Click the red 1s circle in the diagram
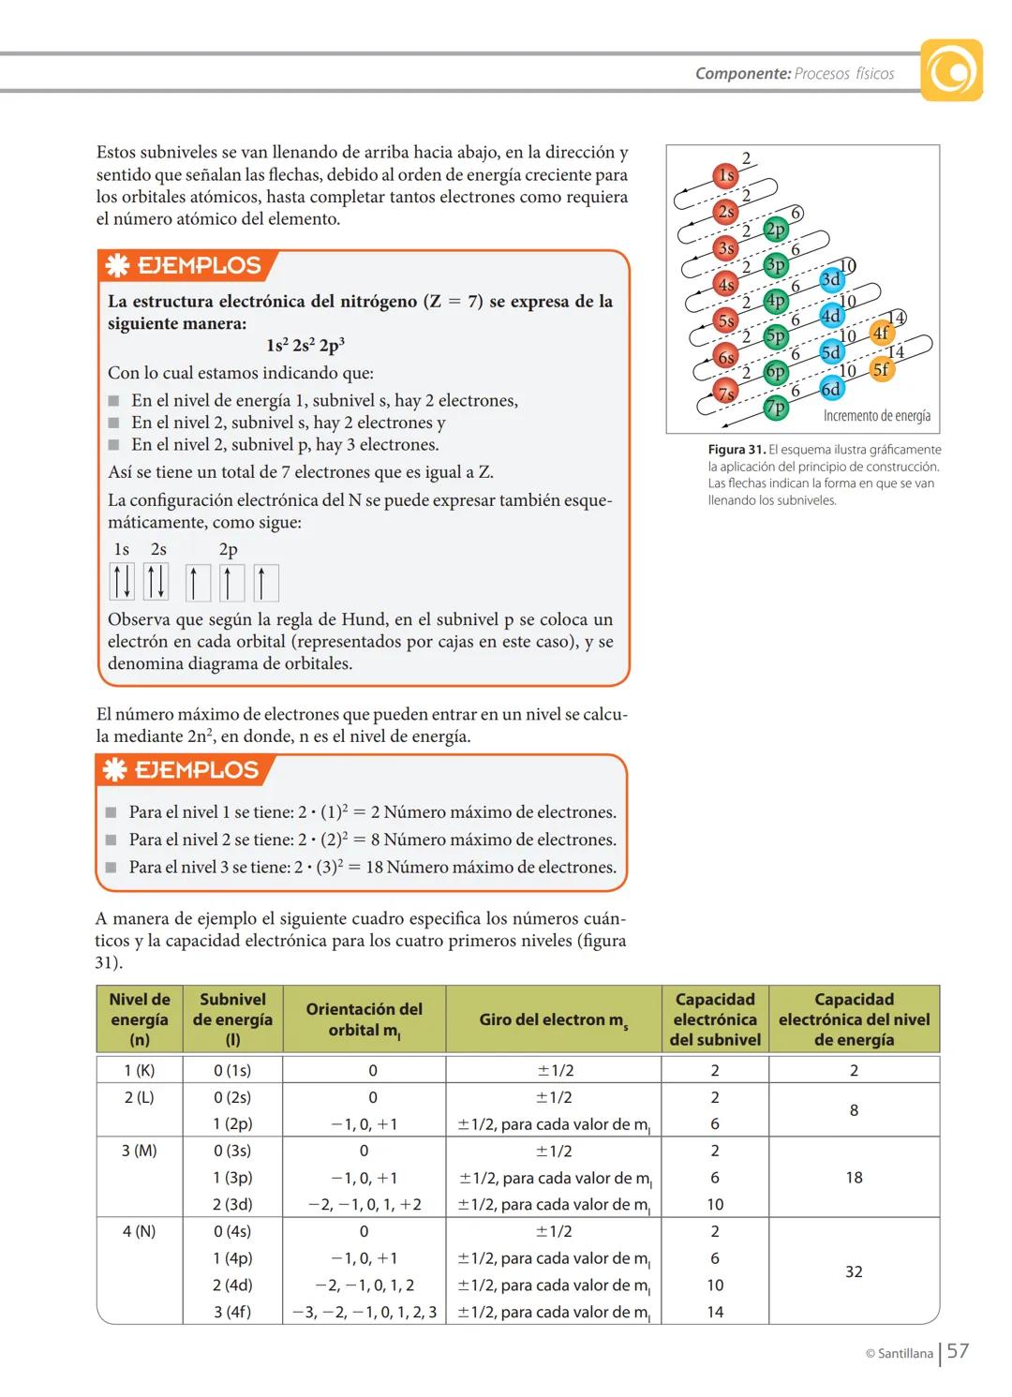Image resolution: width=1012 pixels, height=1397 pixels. coord(726,175)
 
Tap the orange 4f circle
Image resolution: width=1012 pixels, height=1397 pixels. coord(881,333)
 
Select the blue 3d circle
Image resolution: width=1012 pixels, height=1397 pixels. coord(831,279)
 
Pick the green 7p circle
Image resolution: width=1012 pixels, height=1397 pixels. coord(776,408)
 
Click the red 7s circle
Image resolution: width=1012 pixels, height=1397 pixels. coord(726,394)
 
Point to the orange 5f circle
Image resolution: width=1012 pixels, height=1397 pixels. coord(881,369)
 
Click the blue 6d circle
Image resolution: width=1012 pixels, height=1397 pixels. coord(831,389)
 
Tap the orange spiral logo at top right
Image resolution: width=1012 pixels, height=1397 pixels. coord(951,70)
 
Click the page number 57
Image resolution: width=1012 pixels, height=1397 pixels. coord(958,1351)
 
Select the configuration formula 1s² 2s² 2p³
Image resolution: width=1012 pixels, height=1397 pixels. coord(305,346)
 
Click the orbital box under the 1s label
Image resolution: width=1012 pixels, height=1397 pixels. coord(122,582)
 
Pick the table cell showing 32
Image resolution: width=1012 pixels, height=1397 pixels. coord(854,1271)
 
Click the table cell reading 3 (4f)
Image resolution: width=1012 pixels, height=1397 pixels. coord(232,1312)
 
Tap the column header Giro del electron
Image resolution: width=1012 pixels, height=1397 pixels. coord(553,1019)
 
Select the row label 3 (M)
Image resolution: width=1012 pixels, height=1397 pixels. coord(139,1151)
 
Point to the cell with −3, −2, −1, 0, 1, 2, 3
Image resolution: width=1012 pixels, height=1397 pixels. coord(365,1312)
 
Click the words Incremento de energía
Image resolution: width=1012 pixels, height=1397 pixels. coord(877,415)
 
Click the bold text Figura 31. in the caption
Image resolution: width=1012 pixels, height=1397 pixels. coord(737,450)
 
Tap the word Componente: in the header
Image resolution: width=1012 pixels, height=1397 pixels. coord(743,73)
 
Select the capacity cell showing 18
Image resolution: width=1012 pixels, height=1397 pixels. coord(854,1178)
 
